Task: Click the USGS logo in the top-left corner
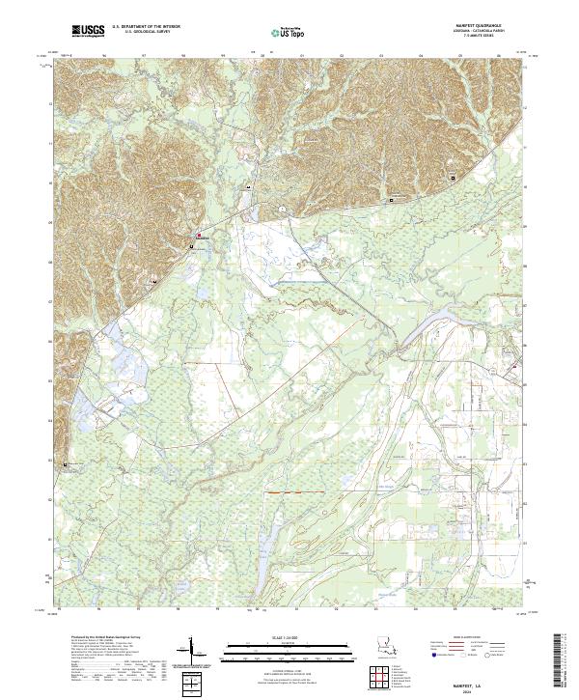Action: coord(90,31)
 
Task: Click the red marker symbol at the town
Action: coord(200,236)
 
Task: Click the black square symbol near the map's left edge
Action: coord(67,465)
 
